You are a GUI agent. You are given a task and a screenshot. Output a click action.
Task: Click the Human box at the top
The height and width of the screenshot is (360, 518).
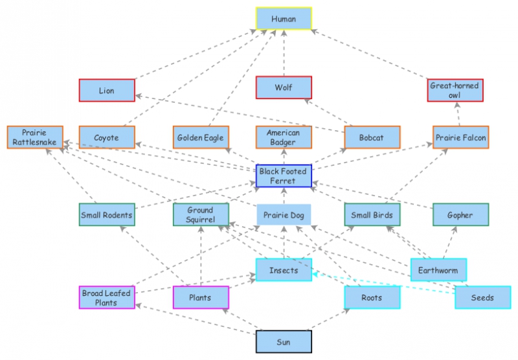click(284, 19)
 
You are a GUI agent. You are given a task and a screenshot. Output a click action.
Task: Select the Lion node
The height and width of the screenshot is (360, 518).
click(107, 91)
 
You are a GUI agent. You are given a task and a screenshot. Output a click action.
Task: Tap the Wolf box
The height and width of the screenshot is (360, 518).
click(284, 87)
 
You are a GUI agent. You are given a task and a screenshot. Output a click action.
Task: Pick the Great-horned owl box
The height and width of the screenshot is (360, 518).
click(455, 91)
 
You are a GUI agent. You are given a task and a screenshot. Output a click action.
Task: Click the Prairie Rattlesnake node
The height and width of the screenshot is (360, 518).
click(35, 137)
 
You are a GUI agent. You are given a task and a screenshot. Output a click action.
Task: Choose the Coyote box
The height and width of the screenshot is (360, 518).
click(107, 137)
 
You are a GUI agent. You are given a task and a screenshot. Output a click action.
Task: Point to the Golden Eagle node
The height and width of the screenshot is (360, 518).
click(201, 137)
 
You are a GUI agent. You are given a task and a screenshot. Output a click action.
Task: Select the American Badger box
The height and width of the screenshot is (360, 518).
click(284, 137)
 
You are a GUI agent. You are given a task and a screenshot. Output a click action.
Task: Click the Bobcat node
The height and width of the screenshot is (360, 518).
click(372, 137)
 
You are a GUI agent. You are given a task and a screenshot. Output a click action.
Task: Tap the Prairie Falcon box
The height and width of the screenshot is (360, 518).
click(460, 137)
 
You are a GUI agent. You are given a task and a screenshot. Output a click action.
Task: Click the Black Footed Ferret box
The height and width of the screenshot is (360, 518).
click(284, 175)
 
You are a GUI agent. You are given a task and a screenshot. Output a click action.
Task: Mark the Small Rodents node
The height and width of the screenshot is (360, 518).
click(107, 215)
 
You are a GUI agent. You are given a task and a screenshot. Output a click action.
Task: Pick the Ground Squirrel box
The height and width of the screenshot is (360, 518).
click(201, 215)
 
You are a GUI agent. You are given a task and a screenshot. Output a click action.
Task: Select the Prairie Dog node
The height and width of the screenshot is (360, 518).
click(284, 215)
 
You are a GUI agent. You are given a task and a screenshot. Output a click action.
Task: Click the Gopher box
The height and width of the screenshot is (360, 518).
click(460, 215)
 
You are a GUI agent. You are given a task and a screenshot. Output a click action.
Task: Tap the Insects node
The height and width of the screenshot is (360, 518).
click(284, 270)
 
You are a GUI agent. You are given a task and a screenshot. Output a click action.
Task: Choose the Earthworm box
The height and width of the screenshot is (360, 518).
click(438, 270)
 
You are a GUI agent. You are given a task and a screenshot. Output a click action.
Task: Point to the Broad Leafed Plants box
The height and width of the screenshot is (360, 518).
click(107, 298)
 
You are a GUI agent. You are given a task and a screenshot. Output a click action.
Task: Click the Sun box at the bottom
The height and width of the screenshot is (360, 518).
click(284, 341)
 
